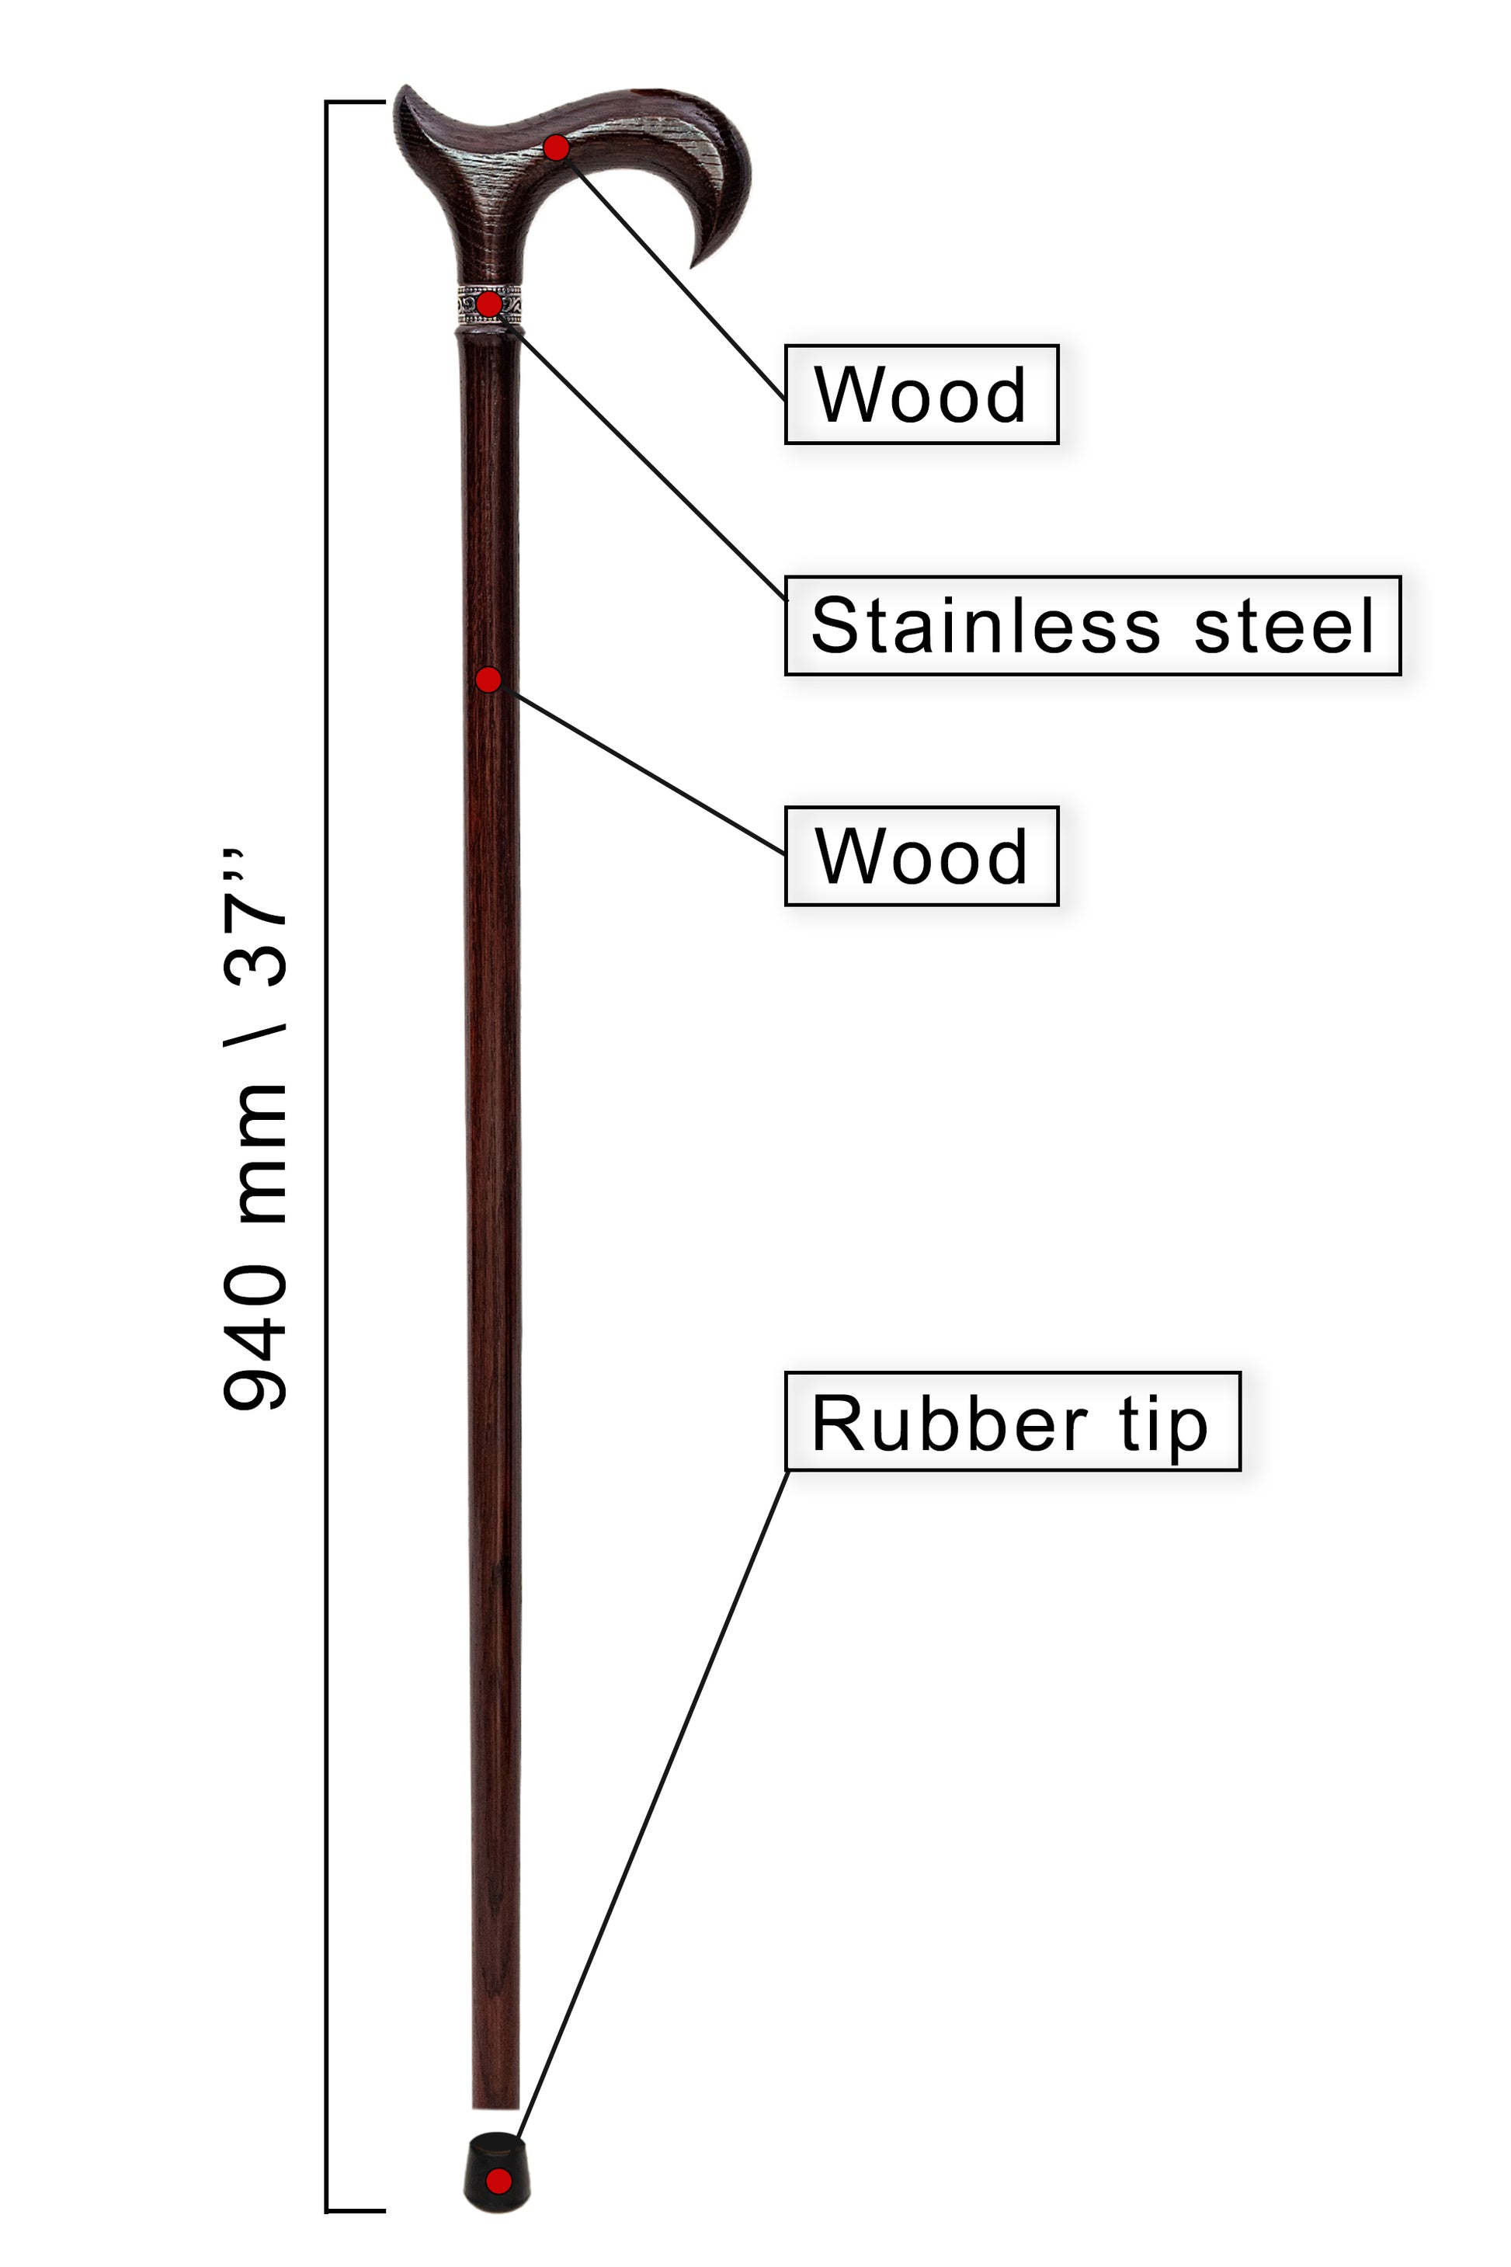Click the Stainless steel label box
tap(1092, 625)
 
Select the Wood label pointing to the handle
tap(921, 395)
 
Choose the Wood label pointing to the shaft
tap(921, 856)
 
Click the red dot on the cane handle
tap(556, 148)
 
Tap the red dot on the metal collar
tap(489, 304)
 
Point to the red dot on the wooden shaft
tap(488, 680)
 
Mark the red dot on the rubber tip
tap(498, 2180)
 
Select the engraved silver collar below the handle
tap(488, 305)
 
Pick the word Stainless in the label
tap(986, 625)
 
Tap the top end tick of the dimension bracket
tap(356, 101)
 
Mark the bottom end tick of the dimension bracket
tap(356, 2211)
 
